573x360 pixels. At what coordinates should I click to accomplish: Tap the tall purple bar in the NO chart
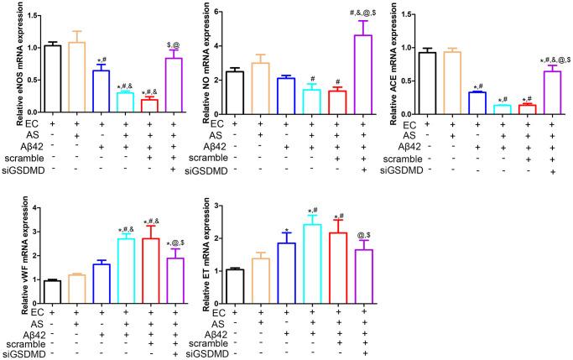click(x=362, y=78)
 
